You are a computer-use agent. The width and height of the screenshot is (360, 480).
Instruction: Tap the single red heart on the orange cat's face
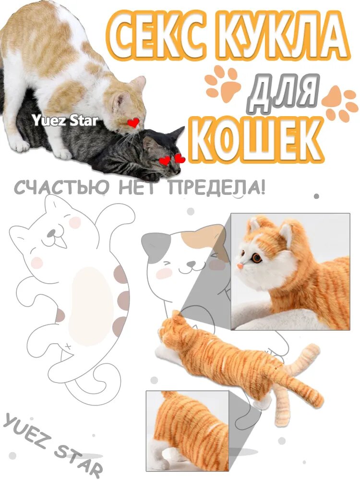(x=133, y=123)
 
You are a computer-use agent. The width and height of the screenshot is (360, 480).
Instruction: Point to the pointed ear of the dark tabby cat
(x=178, y=133)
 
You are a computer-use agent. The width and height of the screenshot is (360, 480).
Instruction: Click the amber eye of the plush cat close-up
(x=257, y=258)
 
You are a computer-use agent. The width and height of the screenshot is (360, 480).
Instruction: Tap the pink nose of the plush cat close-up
(x=239, y=264)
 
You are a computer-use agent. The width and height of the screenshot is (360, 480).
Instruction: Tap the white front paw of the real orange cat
(x=62, y=154)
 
